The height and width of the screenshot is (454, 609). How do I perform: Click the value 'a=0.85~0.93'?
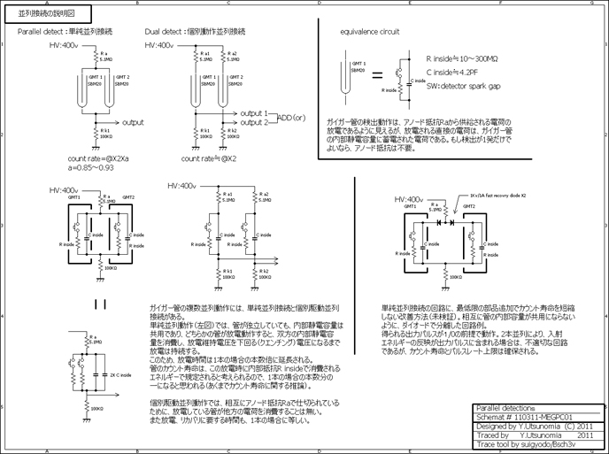[x=91, y=166]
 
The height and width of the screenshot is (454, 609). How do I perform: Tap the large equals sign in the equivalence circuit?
[x=376, y=76]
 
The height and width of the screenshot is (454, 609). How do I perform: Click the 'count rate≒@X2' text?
[x=211, y=158]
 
